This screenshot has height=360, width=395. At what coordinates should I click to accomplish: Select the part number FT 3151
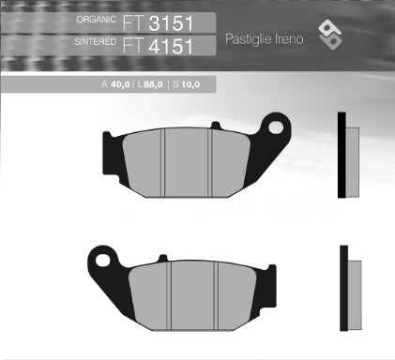click(167, 21)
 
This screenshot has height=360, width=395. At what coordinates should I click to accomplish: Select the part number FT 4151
click(167, 43)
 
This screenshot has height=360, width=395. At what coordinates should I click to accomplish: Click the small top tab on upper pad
click(215, 124)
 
